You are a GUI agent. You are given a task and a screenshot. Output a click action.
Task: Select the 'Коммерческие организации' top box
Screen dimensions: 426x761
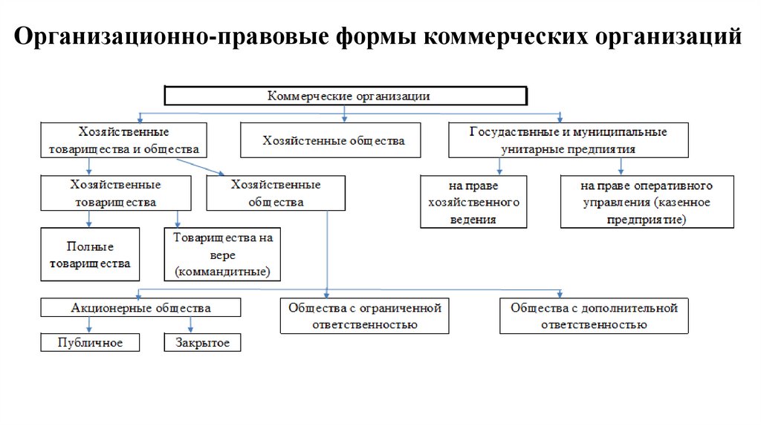click(346, 96)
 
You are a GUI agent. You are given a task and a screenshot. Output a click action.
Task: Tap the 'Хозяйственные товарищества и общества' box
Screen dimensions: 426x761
click(123, 140)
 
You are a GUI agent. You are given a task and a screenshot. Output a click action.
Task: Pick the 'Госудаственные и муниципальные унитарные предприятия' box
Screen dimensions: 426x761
click(569, 140)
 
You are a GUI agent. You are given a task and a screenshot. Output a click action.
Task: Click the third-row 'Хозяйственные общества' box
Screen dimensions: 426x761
click(276, 193)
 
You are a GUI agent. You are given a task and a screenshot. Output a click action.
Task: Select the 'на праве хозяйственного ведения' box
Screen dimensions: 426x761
click(473, 201)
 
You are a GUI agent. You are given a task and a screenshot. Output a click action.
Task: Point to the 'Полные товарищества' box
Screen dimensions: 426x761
click(88, 255)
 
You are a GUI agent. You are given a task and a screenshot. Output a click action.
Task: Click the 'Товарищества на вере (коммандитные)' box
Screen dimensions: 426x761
click(222, 255)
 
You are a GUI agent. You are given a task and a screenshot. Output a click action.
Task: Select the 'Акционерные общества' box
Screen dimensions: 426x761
click(140, 307)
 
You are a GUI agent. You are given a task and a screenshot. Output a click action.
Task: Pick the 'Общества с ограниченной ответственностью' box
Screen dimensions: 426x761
click(364, 316)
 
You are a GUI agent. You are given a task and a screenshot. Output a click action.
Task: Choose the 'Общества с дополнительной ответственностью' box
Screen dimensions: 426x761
click(594, 316)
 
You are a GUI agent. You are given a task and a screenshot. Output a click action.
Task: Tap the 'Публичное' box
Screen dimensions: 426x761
click(90, 342)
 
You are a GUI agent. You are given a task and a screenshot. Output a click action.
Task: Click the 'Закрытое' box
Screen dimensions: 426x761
click(202, 342)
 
